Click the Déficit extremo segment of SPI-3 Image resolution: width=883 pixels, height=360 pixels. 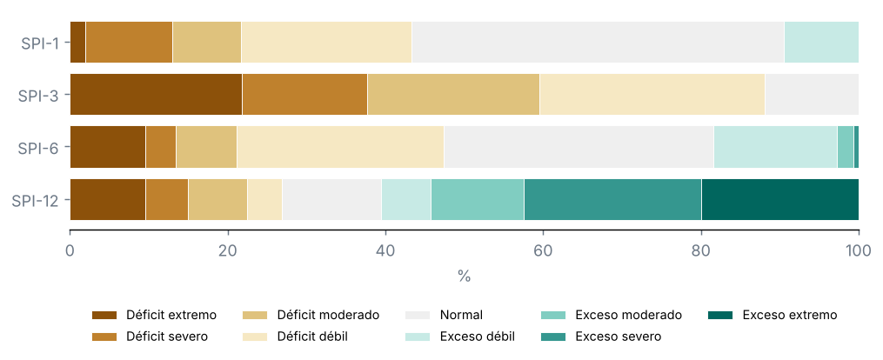point(156,95)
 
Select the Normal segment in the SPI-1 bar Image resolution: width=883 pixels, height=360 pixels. point(598,43)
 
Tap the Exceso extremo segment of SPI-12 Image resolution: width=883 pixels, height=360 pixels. point(780,199)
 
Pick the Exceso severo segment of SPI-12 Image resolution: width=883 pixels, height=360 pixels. point(612,199)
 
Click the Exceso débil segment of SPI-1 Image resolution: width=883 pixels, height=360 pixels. point(821,43)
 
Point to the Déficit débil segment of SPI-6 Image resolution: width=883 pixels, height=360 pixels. point(340,147)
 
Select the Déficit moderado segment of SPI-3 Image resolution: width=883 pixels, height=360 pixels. point(454,95)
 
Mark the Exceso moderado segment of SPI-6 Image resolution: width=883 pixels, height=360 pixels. point(846,147)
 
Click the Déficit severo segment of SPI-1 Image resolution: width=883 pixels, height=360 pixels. point(129,43)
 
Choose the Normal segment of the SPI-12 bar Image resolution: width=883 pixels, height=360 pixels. point(331,199)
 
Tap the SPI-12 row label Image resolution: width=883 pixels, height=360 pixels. point(35,200)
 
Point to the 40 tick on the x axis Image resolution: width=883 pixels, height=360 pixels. point(385,233)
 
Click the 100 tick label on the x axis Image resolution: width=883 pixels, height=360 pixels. point(859,250)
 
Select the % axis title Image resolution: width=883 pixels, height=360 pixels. point(464,277)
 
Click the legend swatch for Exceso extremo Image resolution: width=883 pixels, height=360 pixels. point(721,315)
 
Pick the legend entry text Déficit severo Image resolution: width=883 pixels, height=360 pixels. point(167,337)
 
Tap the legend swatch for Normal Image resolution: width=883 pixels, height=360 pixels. point(418,315)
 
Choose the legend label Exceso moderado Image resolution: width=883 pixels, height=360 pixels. point(628,315)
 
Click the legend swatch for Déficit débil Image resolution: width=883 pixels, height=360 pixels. point(255,337)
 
